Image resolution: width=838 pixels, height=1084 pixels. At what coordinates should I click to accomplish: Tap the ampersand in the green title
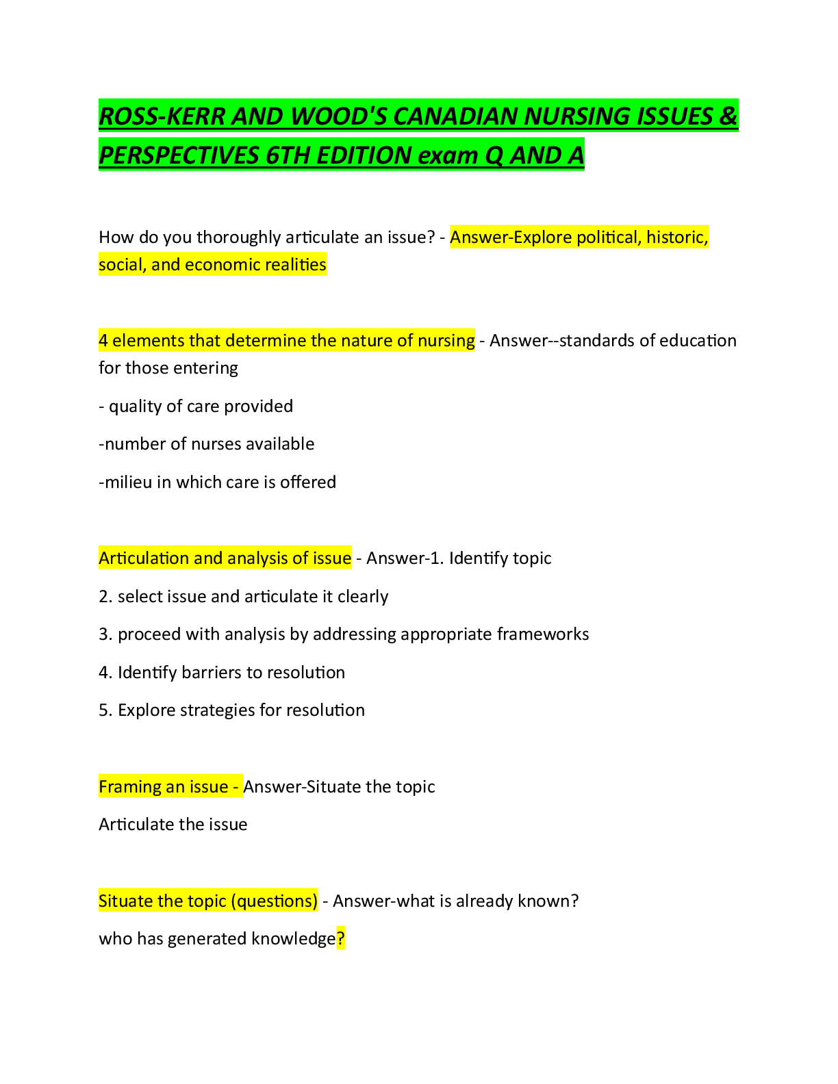(x=728, y=116)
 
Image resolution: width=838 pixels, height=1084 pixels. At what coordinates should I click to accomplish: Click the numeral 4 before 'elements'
(x=103, y=340)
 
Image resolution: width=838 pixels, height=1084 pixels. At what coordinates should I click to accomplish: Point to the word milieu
(x=128, y=482)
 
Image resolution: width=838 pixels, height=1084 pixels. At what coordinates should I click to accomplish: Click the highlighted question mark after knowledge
(x=341, y=939)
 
